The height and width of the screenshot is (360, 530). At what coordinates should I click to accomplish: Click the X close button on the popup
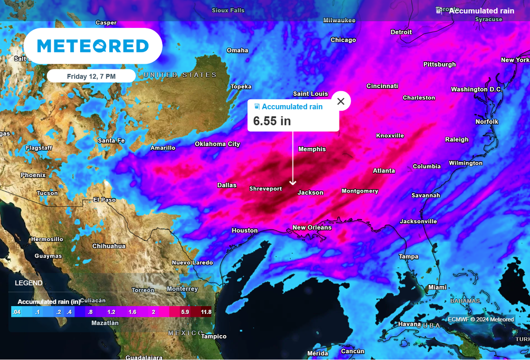341,102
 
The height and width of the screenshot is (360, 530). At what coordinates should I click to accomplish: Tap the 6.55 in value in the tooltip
272,121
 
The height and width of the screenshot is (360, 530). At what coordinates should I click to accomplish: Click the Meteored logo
93,46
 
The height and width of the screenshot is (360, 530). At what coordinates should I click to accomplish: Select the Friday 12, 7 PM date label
91,76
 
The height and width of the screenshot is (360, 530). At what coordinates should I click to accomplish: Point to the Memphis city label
312,149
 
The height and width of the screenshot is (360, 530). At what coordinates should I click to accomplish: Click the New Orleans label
312,227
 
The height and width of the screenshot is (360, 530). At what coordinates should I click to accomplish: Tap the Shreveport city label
266,189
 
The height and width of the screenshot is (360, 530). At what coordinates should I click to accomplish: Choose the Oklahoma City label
217,144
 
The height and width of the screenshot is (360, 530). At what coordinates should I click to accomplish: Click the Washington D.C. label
477,90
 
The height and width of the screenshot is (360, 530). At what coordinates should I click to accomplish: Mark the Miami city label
437,287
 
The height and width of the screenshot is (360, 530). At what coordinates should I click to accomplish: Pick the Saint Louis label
311,94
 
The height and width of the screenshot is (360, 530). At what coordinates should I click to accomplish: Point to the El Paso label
105,199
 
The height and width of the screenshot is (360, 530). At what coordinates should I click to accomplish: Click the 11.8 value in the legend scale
206,312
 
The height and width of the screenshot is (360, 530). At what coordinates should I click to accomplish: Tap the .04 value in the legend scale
17,312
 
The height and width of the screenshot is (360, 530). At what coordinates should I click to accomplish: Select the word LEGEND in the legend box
29,283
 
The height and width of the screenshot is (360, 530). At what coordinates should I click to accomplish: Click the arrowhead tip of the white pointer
293,183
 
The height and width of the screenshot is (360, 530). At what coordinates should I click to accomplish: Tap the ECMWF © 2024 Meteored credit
481,320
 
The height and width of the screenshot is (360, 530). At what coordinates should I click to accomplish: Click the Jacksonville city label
418,222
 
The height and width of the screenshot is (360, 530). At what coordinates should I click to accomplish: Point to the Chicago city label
343,40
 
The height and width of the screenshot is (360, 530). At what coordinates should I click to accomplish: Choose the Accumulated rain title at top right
481,11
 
